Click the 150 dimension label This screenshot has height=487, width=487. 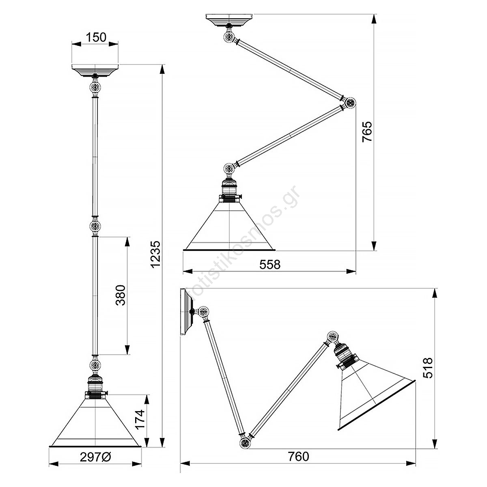pos(96,38)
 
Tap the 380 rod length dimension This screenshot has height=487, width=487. pos(121,295)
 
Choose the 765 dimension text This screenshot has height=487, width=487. pos(367,131)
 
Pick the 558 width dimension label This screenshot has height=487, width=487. pos(270,265)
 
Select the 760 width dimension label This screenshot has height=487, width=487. pos(298,457)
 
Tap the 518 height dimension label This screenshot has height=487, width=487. pos(428,368)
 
